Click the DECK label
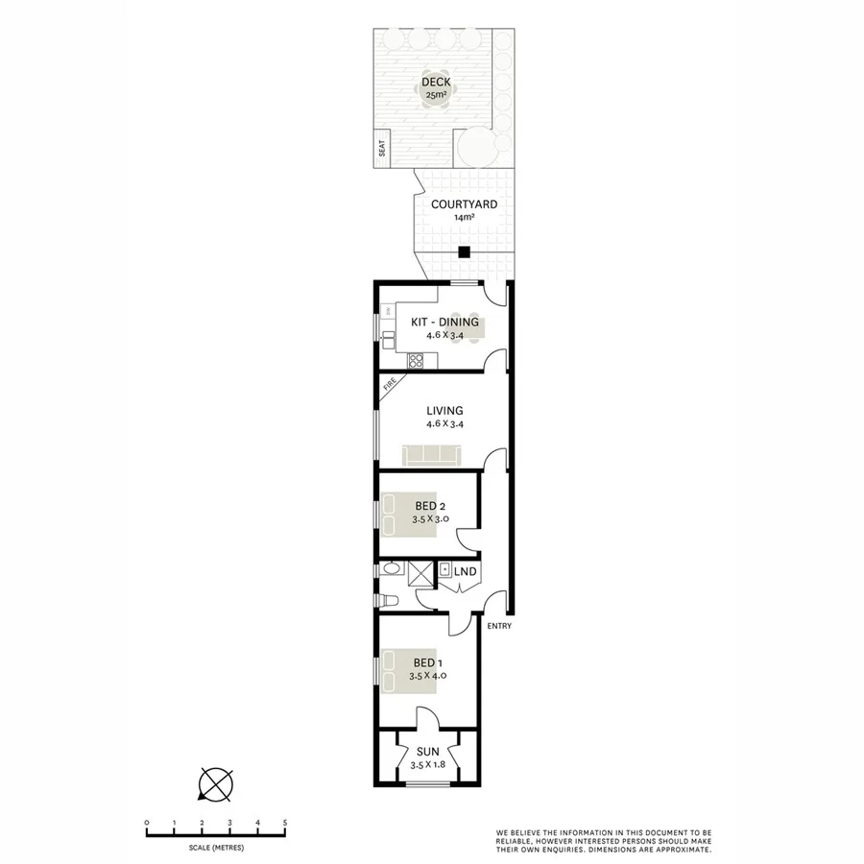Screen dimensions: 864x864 point(436,82)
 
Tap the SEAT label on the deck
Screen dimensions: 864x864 point(381,149)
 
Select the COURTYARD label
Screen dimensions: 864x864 point(464,204)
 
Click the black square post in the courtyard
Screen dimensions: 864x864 point(464,252)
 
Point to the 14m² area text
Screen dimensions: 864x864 point(464,218)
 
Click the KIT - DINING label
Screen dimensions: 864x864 point(444,323)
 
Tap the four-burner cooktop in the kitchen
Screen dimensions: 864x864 point(416,361)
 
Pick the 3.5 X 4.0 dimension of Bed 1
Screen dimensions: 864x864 point(428,676)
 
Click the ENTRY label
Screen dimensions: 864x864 point(499,627)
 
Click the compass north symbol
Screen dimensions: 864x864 point(215,783)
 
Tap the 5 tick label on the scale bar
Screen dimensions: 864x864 point(285,823)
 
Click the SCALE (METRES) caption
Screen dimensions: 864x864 point(215,848)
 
